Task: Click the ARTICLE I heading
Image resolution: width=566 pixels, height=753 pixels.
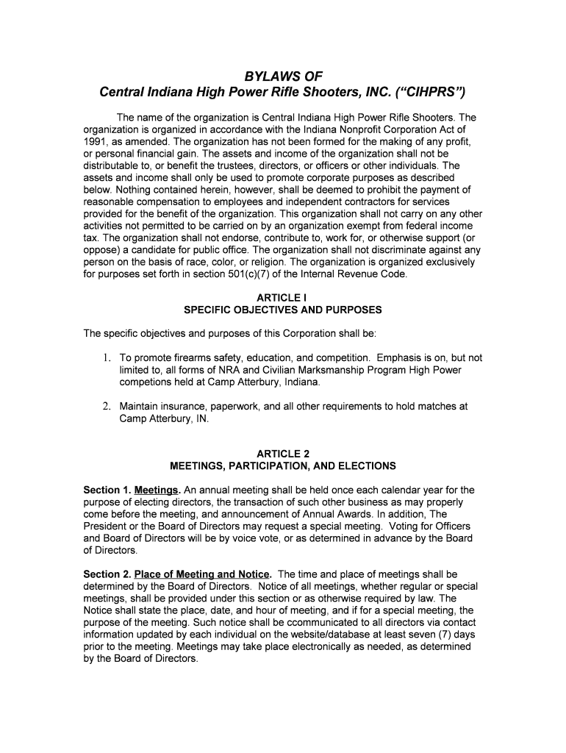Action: click(282, 298)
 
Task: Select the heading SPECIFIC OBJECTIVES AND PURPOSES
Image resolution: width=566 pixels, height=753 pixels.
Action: click(282, 310)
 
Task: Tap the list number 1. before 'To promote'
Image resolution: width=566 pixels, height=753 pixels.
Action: click(107, 358)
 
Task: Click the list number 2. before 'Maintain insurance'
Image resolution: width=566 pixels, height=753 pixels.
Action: click(107, 406)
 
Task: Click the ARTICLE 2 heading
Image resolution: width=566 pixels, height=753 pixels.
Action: click(282, 454)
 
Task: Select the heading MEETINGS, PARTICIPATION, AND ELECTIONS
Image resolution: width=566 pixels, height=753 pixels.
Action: click(282, 465)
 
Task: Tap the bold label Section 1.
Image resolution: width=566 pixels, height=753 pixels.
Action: click(107, 490)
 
